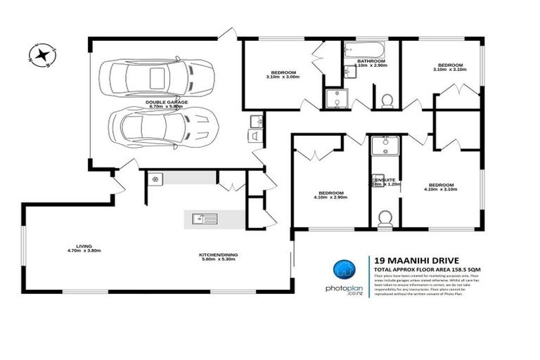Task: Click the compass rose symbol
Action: [x=42, y=54]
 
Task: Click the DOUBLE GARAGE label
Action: [x=167, y=103]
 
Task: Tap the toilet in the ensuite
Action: [x=385, y=219]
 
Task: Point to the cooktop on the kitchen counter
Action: [x=155, y=179]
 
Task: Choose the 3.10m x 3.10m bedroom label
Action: [x=449, y=67]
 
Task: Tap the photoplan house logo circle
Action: [x=344, y=270]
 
